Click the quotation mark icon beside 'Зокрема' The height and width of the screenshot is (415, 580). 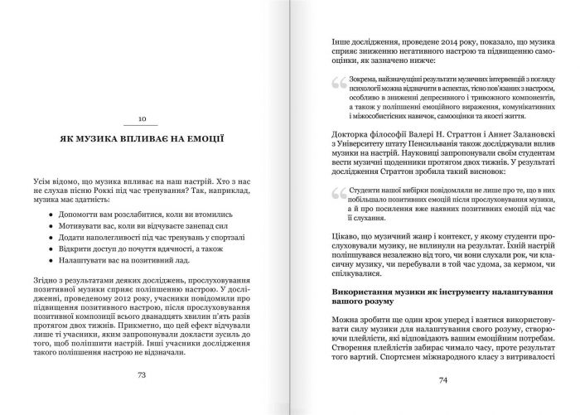click(x=336, y=83)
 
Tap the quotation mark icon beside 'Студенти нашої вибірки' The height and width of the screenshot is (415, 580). click(x=336, y=193)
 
